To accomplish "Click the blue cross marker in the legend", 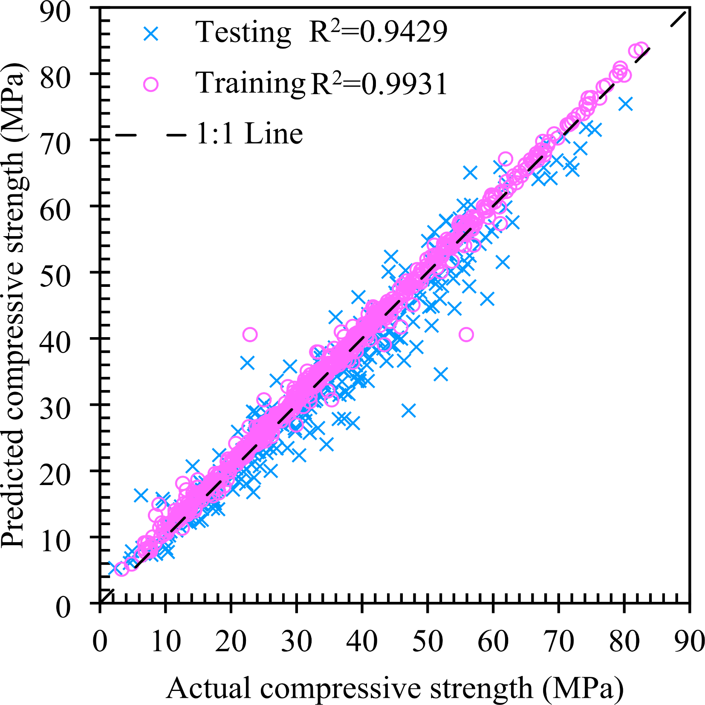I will coord(151,34).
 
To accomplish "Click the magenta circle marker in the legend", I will coord(150,84).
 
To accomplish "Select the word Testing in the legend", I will coord(243,33).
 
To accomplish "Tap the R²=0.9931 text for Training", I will coord(379,83).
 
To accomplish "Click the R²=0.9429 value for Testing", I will coord(378,32).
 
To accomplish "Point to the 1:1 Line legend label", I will coord(249,134).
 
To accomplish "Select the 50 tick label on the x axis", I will coord(428,641).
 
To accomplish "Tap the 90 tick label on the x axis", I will coord(689,641).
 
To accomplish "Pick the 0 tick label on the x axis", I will coord(100,641).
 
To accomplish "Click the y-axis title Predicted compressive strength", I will coord(13,305).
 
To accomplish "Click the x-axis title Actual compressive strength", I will coord(394,688).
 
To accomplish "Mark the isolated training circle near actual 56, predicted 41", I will coord(466,335).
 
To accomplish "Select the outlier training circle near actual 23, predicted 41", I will coord(250,335).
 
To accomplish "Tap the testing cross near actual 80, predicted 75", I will coord(626,104).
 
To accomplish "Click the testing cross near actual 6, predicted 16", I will coord(141,495).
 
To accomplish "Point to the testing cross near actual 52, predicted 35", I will coord(441,375).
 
